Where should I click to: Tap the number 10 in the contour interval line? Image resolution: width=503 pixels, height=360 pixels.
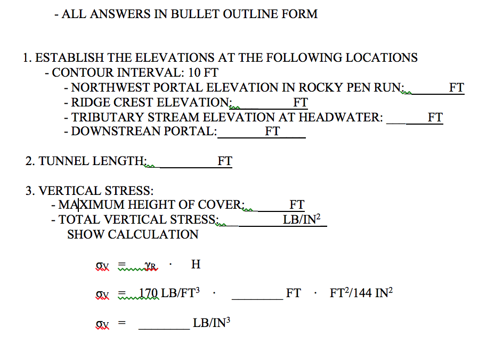pos(194,73)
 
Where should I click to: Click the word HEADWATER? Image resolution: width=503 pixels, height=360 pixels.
pos(340,117)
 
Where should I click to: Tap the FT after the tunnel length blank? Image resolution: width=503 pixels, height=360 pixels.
pos(224,161)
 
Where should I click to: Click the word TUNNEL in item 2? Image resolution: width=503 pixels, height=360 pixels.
pos(63,161)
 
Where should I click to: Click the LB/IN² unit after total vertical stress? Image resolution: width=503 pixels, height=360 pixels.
pos(302,219)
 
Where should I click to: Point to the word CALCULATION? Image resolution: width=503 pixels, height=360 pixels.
pos(153,235)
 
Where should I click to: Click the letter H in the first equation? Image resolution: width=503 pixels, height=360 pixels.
pos(196,265)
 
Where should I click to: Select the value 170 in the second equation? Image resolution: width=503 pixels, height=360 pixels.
pos(149,293)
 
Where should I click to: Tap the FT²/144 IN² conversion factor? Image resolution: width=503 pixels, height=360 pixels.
pos(361,293)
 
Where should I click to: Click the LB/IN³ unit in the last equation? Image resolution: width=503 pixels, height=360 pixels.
pos(212,323)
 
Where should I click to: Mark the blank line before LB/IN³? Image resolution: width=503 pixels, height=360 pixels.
pos(164,329)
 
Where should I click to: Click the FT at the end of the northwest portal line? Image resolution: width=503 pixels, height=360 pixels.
pos(456,87)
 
